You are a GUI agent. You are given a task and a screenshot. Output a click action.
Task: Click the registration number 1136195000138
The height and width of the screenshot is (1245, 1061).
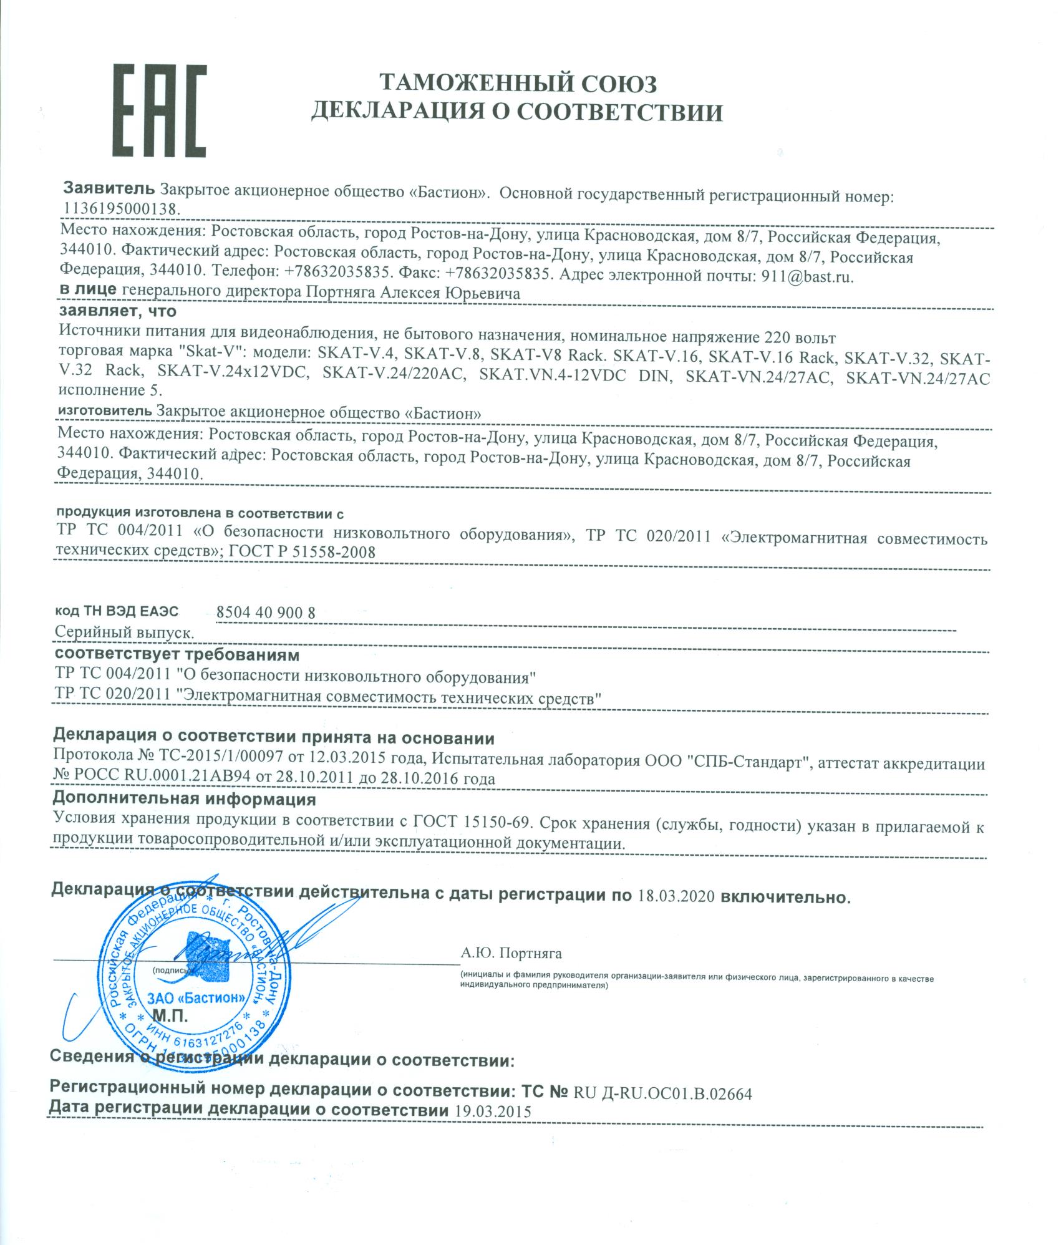[120, 208]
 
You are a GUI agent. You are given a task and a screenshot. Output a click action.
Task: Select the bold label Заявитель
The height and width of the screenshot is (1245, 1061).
[110, 189]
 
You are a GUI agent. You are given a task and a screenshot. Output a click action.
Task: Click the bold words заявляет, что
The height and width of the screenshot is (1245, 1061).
[118, 310]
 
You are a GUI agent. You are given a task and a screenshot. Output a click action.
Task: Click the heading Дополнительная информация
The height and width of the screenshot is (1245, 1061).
[184, 799]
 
